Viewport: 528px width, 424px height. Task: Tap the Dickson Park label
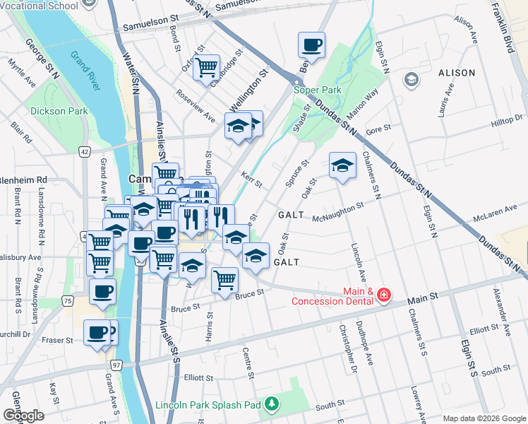(59, 111)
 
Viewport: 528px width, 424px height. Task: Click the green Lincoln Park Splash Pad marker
(272, 405)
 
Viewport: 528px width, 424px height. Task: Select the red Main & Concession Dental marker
(383, 294)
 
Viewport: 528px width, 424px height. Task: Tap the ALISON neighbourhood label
(457, 73)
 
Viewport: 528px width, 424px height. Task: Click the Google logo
(23, 415)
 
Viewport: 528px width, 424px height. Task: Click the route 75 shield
(67, 300)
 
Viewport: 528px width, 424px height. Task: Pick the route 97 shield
(116, 364)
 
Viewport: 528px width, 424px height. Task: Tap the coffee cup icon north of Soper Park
(311, 46)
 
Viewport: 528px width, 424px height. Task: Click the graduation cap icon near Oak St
(342, 166)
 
